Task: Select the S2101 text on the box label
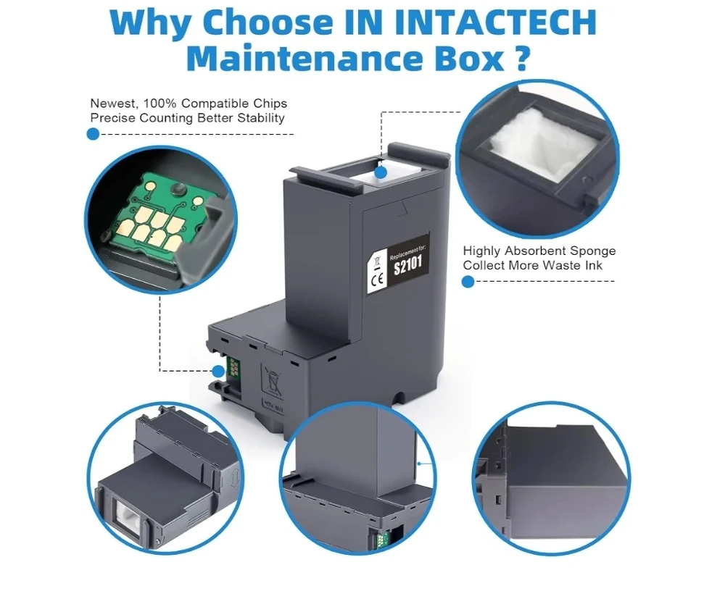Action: coord(407,265)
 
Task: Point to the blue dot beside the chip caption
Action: coord(93,134)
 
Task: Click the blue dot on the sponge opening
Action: coord(381,172)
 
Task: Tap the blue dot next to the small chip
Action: coord(218,372)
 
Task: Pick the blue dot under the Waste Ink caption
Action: coord(468,282)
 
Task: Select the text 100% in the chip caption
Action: coord(160,104)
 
